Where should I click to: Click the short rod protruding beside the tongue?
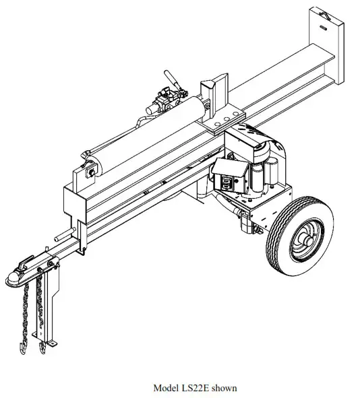pos(61,238)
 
